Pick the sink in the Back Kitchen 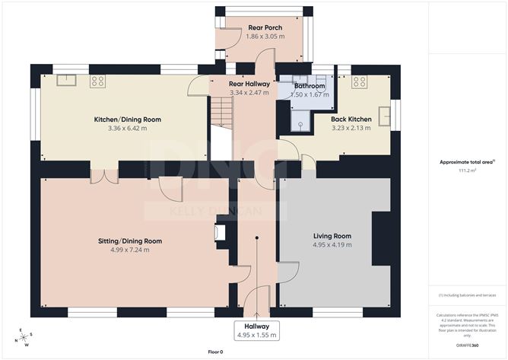click(384, 116)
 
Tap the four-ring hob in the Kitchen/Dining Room click(97, 80)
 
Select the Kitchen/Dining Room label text click(128, 119)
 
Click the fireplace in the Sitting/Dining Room click(221, 235)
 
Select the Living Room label click(332, 236)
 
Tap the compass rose click(24, 336)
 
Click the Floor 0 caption click(215, 352)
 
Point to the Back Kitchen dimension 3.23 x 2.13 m click(350, 128)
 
